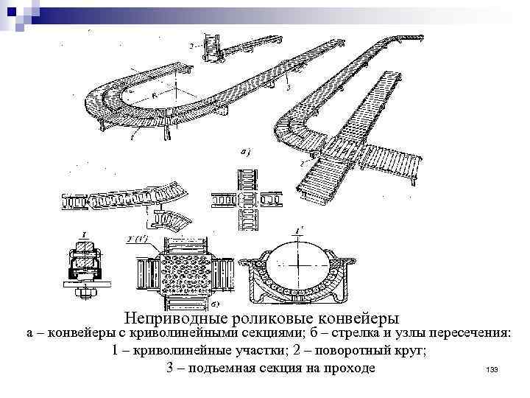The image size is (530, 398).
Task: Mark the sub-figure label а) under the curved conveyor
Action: coord(244,152)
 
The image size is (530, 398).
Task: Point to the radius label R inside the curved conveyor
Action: coord(152,95)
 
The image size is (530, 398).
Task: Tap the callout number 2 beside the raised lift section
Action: coord(191,46)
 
